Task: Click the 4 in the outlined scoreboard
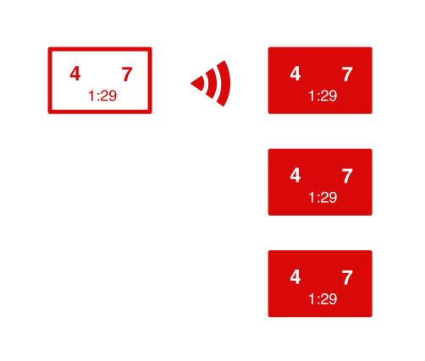click(75, 74)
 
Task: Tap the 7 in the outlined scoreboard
click(127, 74)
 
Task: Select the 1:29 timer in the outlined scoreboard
click(102, 96)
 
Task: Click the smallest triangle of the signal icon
click(197, 84)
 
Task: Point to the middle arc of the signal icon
click(213, 84)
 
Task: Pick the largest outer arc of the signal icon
click(225, 84)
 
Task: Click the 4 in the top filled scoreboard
click(295, 74)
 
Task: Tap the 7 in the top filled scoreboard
click(347, 74)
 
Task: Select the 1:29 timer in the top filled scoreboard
click(323, 96)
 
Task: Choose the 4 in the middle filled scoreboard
click(295, 175)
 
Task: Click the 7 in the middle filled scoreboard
click(347, 176)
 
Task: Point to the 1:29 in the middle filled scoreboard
click(323, 197)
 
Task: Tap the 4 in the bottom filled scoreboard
click(295, 276)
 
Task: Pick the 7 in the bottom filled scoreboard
click(347, 277)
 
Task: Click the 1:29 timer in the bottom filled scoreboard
click(323, 299)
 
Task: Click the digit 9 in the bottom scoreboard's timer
click(333, 299)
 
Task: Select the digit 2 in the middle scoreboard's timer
click(323, 197)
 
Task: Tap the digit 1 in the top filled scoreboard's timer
click(312, 96)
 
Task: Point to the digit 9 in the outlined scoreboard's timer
click(113, 96)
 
